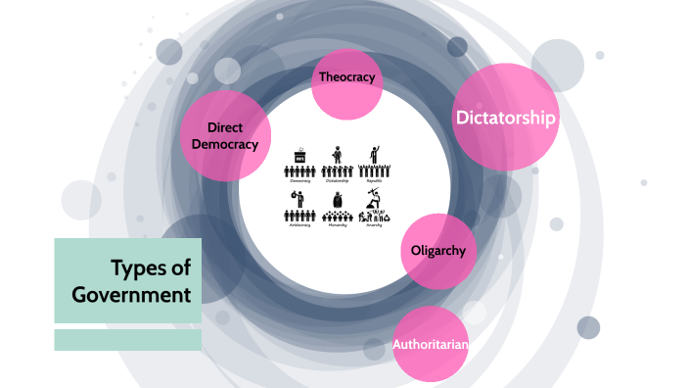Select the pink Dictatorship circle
click(x=505, y=118)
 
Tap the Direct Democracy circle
click(x=224, y=135)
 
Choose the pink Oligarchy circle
click(x=438, y=251)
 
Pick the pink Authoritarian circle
click(x=431, y=344)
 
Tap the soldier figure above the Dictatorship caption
click(x=336, y=155)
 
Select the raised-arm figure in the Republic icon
click(x=373, y=155)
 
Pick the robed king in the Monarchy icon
click(x=337, y=200)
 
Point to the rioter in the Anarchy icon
click(x=373, y=199)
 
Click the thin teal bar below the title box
click(x=127, y=340)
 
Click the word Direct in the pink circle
click(x=224, y=127)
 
